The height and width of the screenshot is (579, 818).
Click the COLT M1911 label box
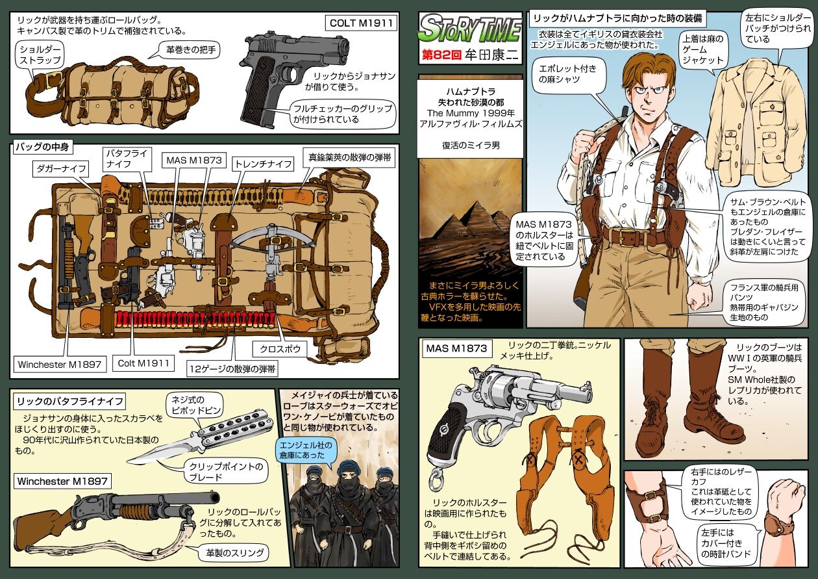pos(360,23)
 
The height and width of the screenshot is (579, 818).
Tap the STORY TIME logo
pos(470,29)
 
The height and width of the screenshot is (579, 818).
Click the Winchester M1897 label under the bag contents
pos(60,365)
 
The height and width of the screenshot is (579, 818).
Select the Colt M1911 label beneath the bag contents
pos(143,363)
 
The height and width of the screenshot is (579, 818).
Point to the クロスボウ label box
pos(280,349)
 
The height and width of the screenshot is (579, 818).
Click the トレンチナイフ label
pos(264,164)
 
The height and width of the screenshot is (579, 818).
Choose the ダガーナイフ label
pos(61,169)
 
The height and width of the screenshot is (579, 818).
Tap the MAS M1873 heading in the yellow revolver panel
pos(456,348)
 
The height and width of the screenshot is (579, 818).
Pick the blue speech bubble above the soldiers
pos(305,450)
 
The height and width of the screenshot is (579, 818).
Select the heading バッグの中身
pos(42,147)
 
